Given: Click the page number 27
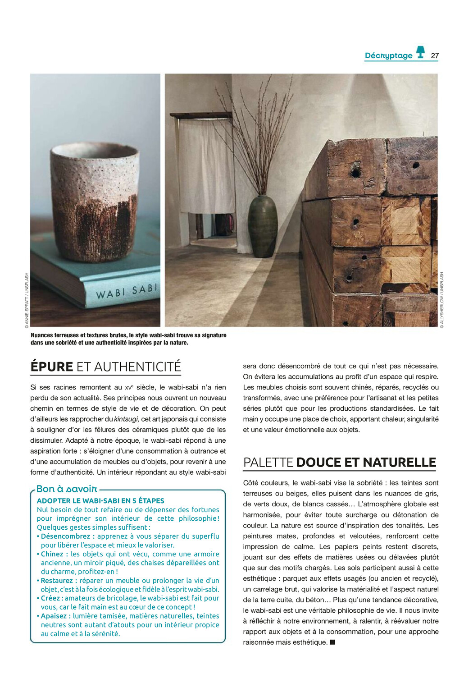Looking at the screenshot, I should point(434,56).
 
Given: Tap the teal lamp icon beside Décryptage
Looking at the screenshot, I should point(420,52).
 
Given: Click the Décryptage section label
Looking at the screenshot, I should point(388,56).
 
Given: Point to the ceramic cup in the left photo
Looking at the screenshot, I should point(95,201).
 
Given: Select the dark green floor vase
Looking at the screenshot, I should point(263,226).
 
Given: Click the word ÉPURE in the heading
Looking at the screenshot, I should point(51,367).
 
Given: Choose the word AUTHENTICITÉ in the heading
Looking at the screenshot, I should point(129,367).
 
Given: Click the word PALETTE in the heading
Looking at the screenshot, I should point(268,463).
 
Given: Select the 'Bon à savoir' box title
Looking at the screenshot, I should point(67,489).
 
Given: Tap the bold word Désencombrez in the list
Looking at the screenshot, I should point(66,537).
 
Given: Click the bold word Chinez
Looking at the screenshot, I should point(52,554).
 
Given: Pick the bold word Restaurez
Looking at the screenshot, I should point(57,581).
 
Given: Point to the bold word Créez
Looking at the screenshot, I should point(50,598).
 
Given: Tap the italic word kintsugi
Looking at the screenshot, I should point(126,419).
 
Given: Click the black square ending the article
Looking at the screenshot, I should point(332,642).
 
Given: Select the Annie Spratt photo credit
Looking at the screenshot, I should point(27,300).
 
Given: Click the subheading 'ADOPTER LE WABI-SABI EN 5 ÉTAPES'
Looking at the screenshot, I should point(100,501).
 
